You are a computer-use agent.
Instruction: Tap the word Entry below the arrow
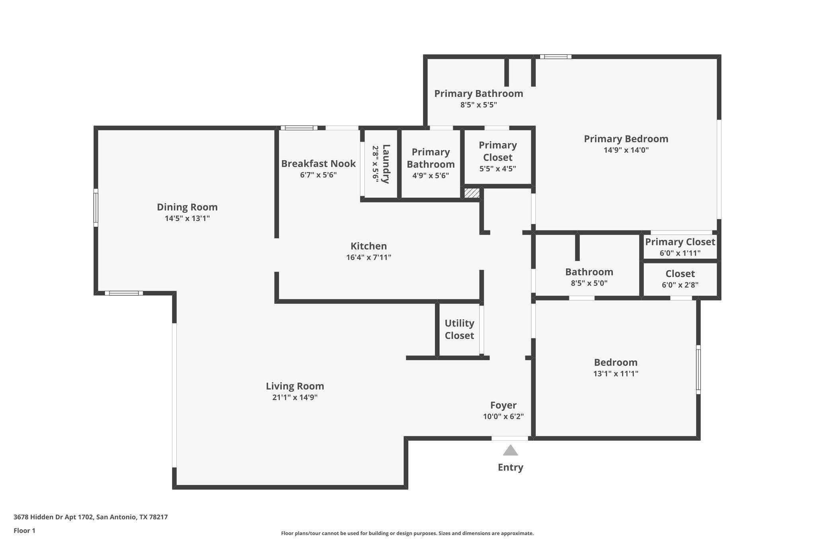click(510, 467)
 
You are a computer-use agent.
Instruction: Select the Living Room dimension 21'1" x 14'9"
click(295, 397)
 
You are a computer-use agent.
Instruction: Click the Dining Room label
click(187, 207)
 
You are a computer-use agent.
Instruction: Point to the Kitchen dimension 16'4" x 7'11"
click(369, 257)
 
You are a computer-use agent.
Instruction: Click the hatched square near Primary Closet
click(472, 193)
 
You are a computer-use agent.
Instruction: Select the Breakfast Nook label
click(318, 163)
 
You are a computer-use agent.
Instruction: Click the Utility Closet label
click(459, 329)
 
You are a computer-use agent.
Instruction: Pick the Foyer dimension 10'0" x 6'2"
click(503, 416)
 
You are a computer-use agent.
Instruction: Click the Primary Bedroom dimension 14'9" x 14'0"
click(626, 150)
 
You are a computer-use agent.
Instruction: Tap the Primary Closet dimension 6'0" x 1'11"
click(680, 253)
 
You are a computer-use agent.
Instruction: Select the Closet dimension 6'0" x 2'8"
click(680, 285)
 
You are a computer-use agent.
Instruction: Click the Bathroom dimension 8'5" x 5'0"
click(589, 283)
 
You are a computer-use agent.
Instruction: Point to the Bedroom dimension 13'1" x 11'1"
click(616, 373)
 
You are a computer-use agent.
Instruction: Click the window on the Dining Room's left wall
click(96, 208)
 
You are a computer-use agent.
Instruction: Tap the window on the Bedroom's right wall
click(698, 369)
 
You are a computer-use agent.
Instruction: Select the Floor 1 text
click(24, 530)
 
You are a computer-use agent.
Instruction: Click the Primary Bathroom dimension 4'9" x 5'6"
click(431, 175)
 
